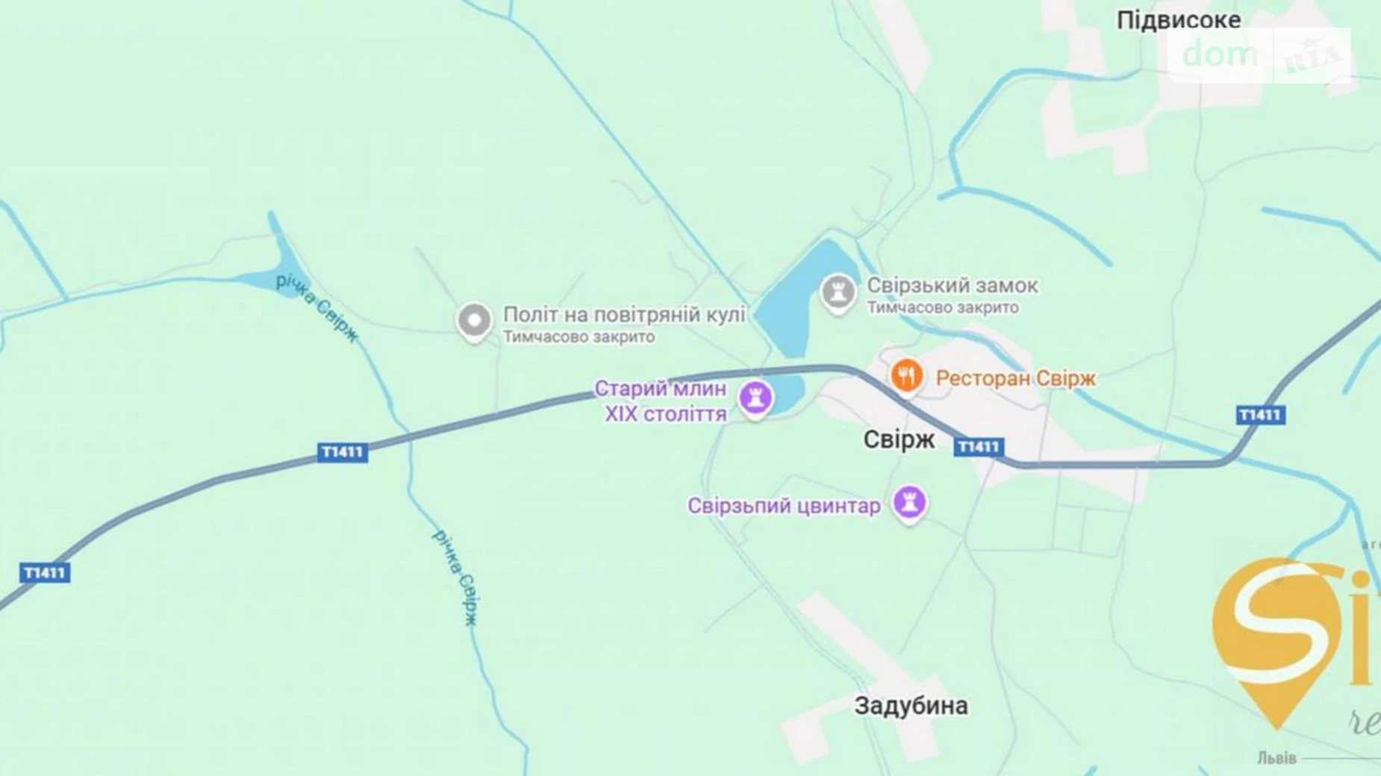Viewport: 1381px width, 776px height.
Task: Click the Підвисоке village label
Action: click(1178, 20)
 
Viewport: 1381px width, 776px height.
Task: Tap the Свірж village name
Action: click(898, 439)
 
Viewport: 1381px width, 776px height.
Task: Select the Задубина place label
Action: click(911, 705)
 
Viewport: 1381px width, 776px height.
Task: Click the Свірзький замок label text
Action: click(952, 285)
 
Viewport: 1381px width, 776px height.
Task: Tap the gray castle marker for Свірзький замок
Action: click(838, 292)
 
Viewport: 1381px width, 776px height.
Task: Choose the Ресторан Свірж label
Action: click(1015, 378)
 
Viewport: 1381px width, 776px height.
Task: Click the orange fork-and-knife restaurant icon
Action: click(906, 375)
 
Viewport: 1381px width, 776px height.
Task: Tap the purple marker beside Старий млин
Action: click(755, 398)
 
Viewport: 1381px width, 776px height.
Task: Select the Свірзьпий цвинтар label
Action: click(784, 506)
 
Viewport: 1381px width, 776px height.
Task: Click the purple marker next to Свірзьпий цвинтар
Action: click(909, 502)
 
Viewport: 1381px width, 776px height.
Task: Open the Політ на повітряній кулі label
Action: click(624, 314)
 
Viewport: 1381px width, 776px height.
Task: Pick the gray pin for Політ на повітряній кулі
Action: click(474, 321)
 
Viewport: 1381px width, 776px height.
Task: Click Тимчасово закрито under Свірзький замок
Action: click(942, 307)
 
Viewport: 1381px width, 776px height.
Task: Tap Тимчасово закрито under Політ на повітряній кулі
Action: click(579, 337)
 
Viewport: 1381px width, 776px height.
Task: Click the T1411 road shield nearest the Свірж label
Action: click(978, 447)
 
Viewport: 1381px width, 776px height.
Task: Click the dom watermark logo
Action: click(1220, 54)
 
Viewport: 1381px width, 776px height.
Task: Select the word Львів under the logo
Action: click(1276, 758)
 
